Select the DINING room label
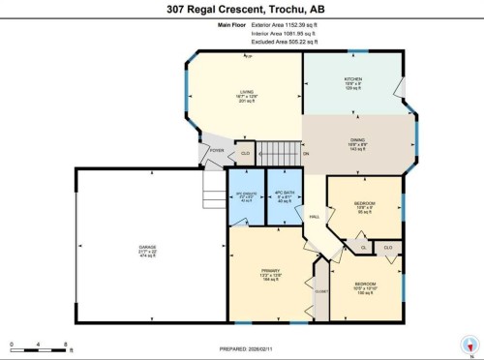tap(357, 143)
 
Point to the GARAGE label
tap(147, 251)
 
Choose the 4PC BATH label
tap(284, 197)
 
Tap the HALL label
tap(312, 216)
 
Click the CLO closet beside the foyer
tap(245, 153)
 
